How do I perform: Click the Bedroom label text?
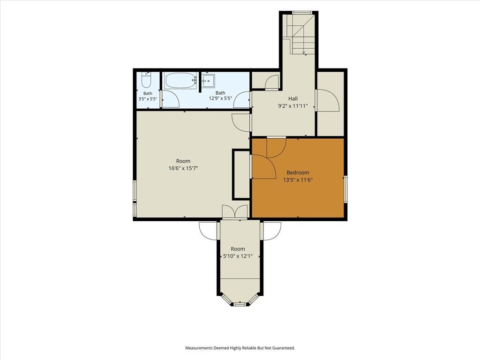[298, 172]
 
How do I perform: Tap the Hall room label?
[292, 98]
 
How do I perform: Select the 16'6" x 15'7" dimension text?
[183, 168]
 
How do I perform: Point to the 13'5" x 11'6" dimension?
[298, 180]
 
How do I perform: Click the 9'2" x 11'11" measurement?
[292, 106]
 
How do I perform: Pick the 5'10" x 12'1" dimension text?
[238, 256]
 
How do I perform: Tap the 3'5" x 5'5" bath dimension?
[148, 99]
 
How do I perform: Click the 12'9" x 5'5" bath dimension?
[220, 98]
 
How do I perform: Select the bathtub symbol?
[181, 81]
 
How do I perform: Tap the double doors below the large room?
[235, 211]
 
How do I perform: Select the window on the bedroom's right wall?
[345, 189]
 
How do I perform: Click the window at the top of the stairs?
[302, 13]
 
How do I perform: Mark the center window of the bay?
[240, 304]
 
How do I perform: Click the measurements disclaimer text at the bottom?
[240, 348]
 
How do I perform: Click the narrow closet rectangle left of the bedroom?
[242, 174]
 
